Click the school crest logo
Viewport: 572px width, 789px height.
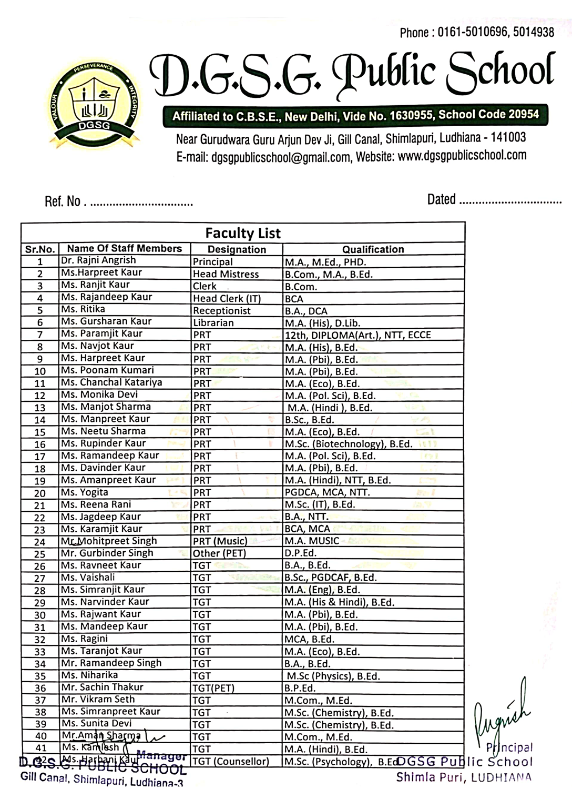[95, 103]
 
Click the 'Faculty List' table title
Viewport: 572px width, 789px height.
[243, 233]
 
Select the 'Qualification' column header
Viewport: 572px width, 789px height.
[373, 249]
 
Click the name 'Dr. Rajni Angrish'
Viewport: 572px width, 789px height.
[98, 260]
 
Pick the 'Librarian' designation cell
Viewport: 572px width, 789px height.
[213, 323]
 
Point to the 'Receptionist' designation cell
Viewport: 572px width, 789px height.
[221, 311]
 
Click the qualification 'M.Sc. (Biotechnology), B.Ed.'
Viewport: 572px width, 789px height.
[349, 444]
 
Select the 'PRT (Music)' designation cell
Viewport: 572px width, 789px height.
[220, 541]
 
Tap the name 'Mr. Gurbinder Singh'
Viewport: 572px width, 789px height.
[107, 553]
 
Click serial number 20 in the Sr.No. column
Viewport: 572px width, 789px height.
[40, 493]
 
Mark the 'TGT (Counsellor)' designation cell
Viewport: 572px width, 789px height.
[231, 761]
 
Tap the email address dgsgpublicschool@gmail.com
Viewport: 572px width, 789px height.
[280, 157]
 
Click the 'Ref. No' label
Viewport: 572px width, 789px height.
[63, 201]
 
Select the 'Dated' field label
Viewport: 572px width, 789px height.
[441, 199]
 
